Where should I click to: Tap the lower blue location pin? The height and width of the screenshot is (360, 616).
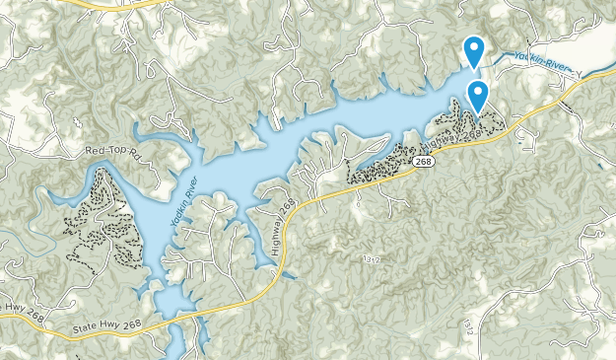click(478, 97)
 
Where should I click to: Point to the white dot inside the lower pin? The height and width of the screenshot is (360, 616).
click(478, 92)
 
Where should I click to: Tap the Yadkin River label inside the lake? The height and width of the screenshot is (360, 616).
click(183, 203)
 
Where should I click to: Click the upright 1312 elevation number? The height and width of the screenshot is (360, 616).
click(371, 258)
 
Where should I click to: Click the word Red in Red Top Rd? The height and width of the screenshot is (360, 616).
click(95, 150)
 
